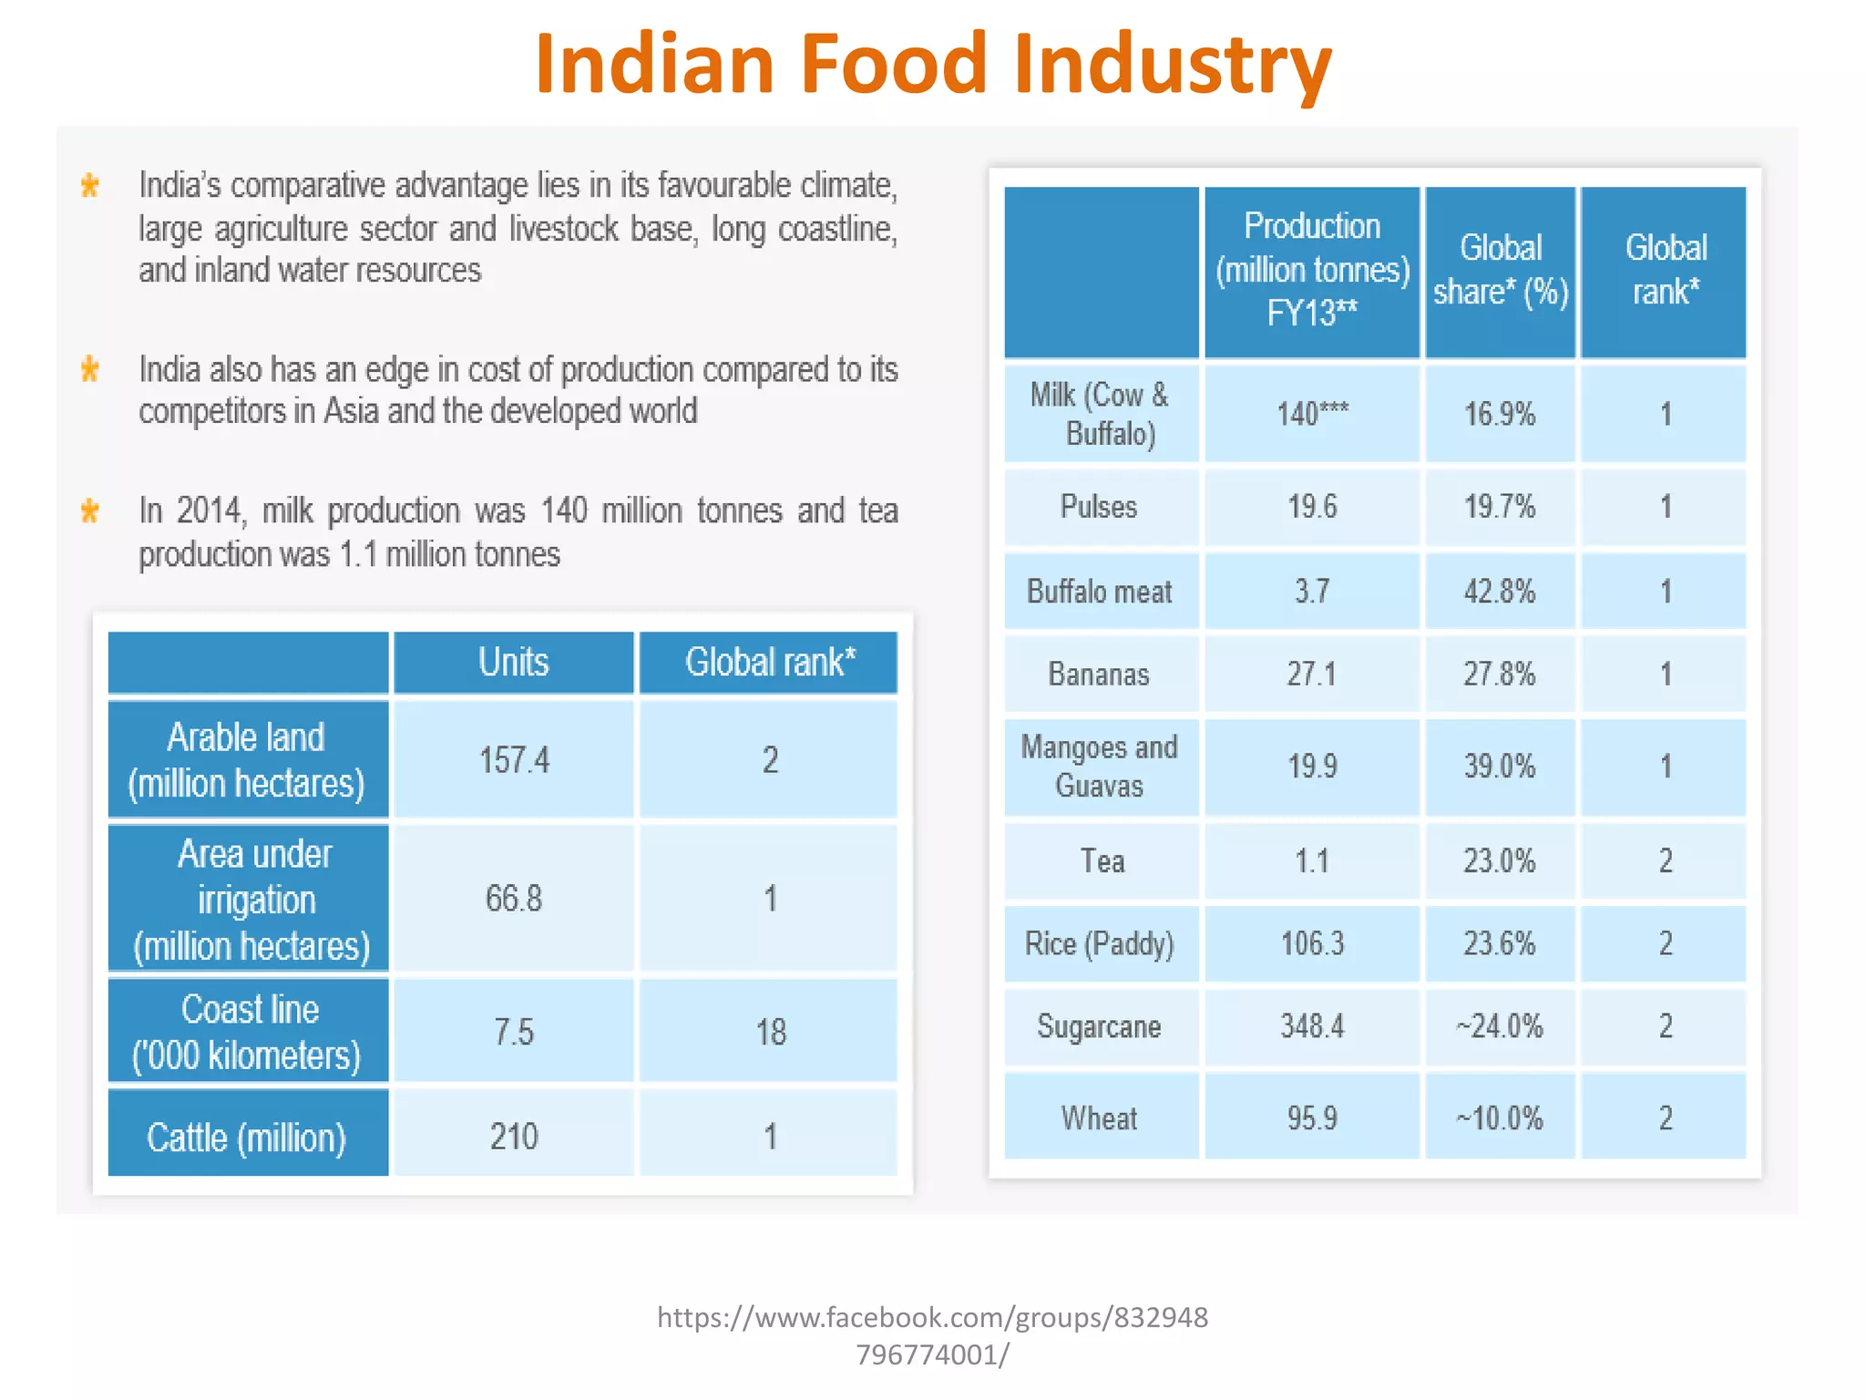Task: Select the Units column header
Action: [x=514, y=663]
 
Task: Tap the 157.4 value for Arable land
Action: [x=514, y=759]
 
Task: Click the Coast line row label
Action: [x=248, y=1032]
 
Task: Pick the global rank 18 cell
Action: [x=770, y=1032]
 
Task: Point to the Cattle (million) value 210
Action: [x=514, y=1137]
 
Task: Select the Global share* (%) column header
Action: [x=1501, y=270]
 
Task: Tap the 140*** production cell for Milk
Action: [x=1312, y=414]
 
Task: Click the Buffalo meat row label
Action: [x=1100, y=592]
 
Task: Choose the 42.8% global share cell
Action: [x=1500, y=592]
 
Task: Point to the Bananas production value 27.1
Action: [x=1312, y=674]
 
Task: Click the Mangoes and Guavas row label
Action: [x=1100, y=767]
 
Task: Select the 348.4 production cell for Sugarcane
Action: [x=1312, y=1026]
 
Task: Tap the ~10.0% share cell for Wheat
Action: [x=1500, y=1118]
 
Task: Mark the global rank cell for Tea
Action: [x=1665, y=860]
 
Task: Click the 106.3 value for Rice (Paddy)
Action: [x=1312, y=943]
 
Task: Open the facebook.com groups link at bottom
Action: [x=932, y=1335]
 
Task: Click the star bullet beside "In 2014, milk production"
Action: [x=89, y=510]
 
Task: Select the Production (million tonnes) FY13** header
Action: [x=1312, y=270]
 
